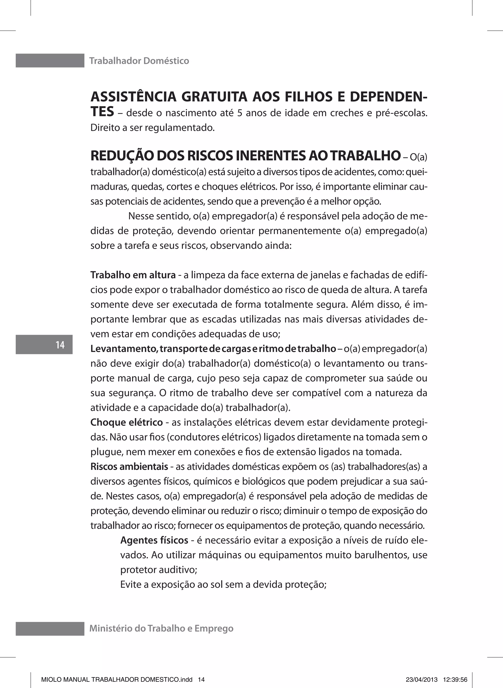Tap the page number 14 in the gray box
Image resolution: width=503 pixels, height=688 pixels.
[60, 345]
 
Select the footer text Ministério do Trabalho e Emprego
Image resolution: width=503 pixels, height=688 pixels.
[161, 628]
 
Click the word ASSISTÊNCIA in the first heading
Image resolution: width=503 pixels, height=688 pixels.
[133, 97]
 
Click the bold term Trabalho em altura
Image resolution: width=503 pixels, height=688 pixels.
[133, 275]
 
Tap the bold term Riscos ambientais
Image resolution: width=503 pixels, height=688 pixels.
[129, 467]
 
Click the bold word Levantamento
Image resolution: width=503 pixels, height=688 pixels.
[123, 349]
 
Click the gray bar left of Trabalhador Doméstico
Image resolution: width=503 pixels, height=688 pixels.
[50, 61]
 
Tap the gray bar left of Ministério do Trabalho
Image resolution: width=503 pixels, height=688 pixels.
[50, 628]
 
